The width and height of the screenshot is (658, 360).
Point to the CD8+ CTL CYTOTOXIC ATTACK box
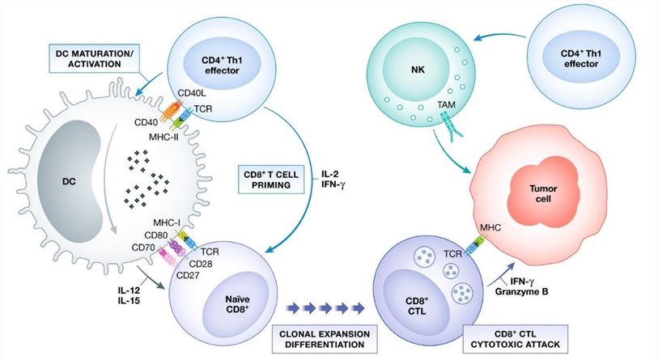tap(513, 339)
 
